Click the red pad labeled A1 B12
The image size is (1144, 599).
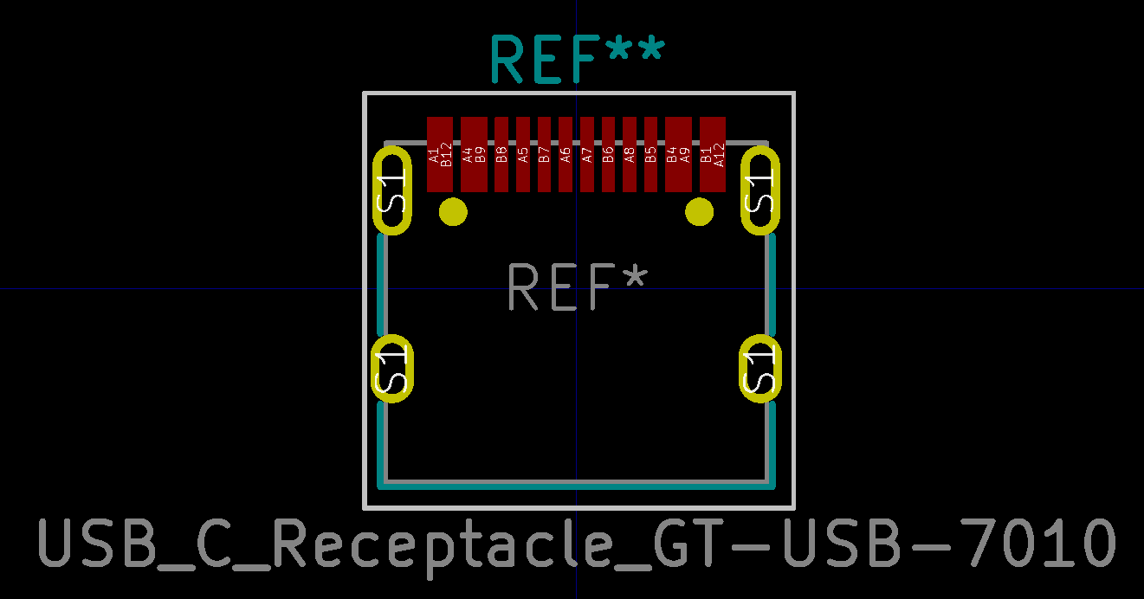[x=440, y=154]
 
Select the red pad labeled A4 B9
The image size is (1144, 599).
[x=474, y=154]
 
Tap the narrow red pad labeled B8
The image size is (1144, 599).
[x=501, y=154]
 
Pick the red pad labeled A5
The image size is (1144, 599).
[x=523, y=154]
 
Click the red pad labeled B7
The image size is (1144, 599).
[x=544, y=154]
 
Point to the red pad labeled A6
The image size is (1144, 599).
[x=566, y=154]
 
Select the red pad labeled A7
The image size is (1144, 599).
[x=587, y=154]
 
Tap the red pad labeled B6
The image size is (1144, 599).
[x=608, y=154]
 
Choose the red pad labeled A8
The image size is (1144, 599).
[x=630, y=154]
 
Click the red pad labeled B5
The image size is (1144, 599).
[x=650, y=154]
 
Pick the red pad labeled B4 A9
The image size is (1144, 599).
[x=678, y=154]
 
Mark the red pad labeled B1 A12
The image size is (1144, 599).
[x=712, y=154]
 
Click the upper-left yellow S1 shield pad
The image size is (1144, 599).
[x=392, y=190]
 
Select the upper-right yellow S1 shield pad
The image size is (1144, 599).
[x=761, y=190]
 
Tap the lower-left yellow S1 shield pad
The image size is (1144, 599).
[x=392, y=368]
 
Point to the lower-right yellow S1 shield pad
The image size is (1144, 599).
[x=761, y=368]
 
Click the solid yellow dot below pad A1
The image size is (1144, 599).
[x=453, y=211]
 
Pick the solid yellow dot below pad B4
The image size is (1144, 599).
[x=699, y=211]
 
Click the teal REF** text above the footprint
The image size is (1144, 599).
[x=577, y=60]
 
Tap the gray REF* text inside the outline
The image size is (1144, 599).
[x=577, y=288]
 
